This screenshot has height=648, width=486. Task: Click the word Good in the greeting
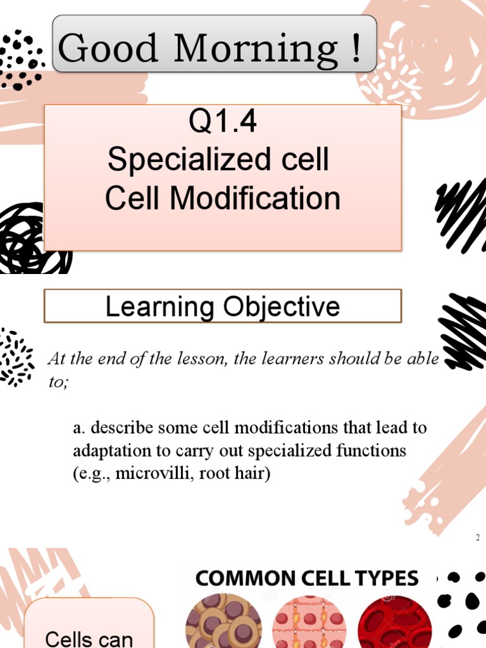click(x=108, y=48)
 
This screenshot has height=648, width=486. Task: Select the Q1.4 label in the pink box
click(x=223, y=123)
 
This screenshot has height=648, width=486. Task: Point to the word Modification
click(x=255, y=198)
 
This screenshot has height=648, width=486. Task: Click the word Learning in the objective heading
click(x=159, y=307)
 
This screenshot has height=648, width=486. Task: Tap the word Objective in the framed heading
click(x=281, y=307)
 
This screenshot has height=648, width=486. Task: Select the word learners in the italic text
click(x=299, y=359)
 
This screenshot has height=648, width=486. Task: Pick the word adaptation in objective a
click(x=105, y=451)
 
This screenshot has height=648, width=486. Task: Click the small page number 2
click(x=478, y=538)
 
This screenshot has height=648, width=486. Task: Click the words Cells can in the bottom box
click(x=89, y=638)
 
